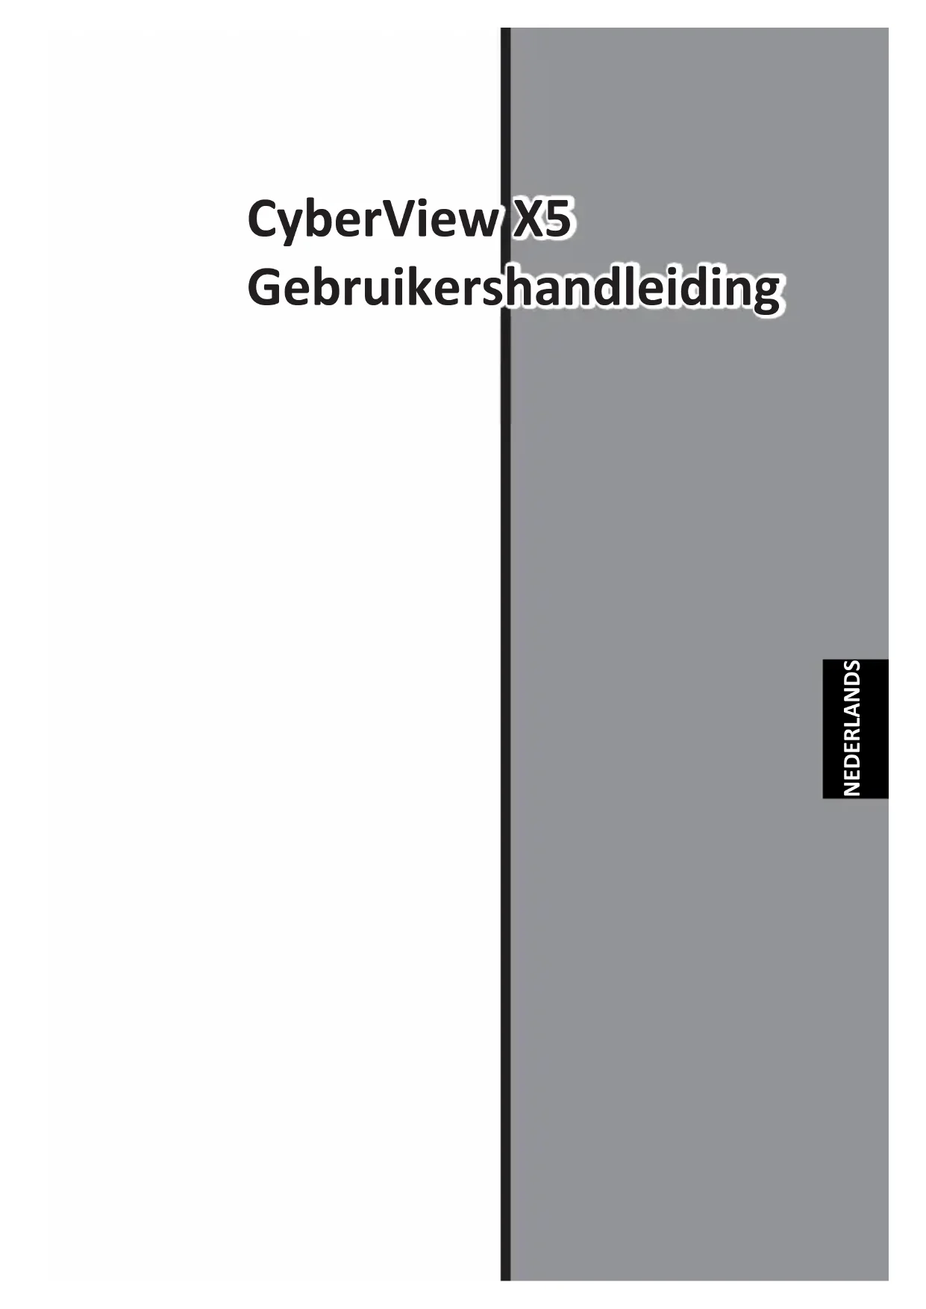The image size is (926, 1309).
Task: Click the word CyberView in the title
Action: click(x=372, y=220)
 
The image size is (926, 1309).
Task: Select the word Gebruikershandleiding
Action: click(x=513, y=290)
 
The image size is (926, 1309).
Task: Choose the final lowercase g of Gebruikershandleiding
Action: click(x=764, y=293)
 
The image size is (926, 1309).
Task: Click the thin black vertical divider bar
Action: click(x=505, y=672)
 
